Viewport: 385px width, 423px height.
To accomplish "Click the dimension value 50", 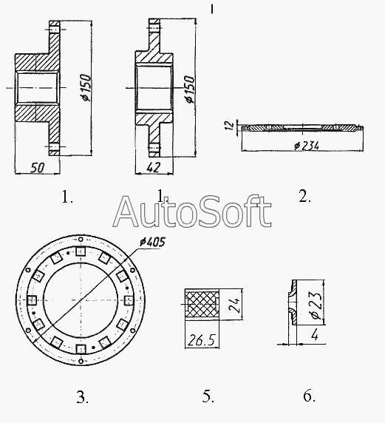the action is (x=37, y=168).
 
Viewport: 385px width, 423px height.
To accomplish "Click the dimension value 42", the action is (x=154, y=167).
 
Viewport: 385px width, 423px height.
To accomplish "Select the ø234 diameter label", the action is (x=307, y=146).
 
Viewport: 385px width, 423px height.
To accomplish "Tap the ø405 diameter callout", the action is (x=152, y=243).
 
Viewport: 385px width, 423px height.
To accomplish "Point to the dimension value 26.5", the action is (x=202, y=340).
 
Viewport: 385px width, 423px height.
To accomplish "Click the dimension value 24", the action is (x=234, y=305).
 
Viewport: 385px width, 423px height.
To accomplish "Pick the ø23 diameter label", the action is (x=316, y=305).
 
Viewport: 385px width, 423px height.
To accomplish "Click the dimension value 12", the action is (x=229, y=125).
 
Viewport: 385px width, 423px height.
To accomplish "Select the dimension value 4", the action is (x=314, y=335).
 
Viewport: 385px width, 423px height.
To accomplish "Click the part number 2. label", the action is (x=304, y=196).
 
